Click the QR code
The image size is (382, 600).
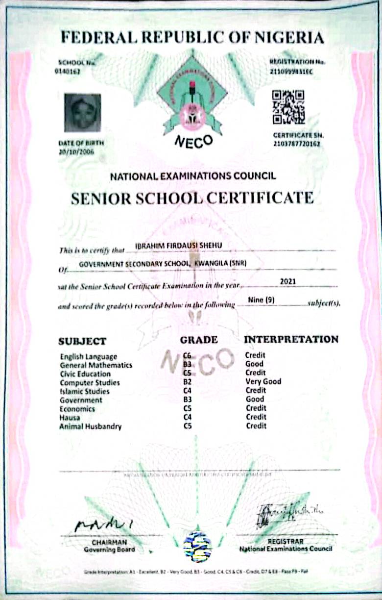(288, 106)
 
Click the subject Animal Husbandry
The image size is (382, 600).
(91, 426)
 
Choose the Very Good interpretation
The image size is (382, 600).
(263, 381)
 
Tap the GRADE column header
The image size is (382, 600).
(199, 340)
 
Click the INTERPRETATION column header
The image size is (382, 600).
(291, 339)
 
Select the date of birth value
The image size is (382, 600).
(76, 151)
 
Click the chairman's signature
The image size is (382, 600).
(103, 525)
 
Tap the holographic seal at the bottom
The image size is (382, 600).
(197, 546)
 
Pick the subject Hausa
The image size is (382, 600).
(70, 418)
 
